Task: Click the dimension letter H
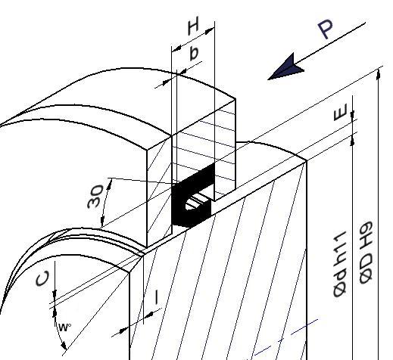pos(193,26)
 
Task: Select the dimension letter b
pos(194,54)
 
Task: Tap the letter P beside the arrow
pos(326,29)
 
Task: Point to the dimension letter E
pos(340,112)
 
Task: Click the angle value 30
pos(95,197)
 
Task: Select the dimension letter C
pos(42,279)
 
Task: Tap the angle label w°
pos(64,327)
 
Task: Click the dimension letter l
pos(157,297)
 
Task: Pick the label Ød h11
pos(339,265)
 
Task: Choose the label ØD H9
pos(366,253)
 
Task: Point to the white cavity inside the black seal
pos(196,202)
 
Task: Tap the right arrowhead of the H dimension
pos(210,31)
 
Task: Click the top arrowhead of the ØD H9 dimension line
pos(378,74)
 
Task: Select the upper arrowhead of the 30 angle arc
pos(110,184)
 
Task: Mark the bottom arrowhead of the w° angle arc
pos(64,345)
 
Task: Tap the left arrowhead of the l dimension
pos(123,330)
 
